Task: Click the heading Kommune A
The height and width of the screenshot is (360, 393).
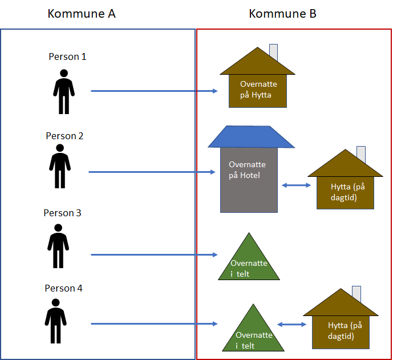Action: (82, 14)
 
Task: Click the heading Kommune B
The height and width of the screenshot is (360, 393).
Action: (282, 14)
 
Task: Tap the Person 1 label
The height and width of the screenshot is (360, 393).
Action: (67, 57)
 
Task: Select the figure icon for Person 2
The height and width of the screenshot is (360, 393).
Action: (60, 167)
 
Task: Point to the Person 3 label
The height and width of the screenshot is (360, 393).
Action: (63, 213)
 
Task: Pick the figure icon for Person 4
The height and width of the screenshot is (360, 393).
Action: (55, 321)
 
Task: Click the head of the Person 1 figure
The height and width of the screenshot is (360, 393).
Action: (64, 74)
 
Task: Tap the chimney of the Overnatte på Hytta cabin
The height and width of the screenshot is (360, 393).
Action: (274, 52)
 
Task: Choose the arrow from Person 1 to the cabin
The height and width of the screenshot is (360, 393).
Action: (154, 91)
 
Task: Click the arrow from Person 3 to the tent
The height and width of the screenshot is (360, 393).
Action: (154, 254)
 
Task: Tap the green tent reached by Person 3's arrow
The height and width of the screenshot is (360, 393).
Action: (249, 262)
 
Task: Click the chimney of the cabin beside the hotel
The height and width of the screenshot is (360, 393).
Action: (361, 154)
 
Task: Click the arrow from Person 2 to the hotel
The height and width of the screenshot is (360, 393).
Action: (151, 171)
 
